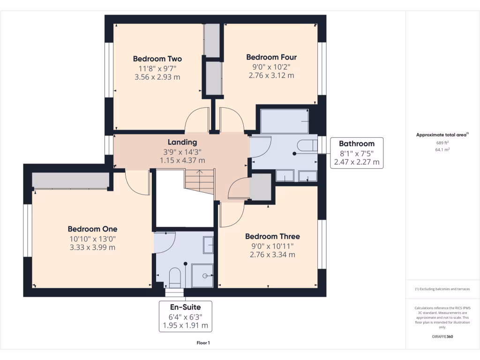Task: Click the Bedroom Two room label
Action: [157, 59]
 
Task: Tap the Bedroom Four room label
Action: [271, 57]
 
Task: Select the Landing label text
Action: [182, 142]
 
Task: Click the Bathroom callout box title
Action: [357, 144]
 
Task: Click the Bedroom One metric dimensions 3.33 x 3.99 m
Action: [92, 247]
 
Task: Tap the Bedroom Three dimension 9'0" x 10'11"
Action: [272, 246]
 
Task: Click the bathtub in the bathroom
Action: [284, 121]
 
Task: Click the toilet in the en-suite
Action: [174, 277]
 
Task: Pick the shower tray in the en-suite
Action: [202, 276]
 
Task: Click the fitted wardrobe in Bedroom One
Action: [70, 180]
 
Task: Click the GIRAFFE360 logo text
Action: [442, 337]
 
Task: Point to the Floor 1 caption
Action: [203, 343]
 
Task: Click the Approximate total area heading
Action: [442, 135]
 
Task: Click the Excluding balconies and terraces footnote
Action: [442, 289]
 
